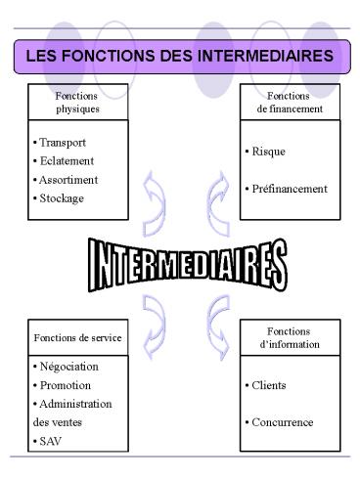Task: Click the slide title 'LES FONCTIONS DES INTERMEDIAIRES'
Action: (x=180, y=57)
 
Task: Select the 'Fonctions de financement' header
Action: (x=290, y=103)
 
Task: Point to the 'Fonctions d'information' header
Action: (x=290, y=338)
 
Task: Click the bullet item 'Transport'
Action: (x=60, y=143)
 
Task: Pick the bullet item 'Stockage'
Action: (x=60, y=198)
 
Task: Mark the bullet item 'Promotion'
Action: (x=63, y=385)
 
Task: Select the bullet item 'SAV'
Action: (x=50, y=441)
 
